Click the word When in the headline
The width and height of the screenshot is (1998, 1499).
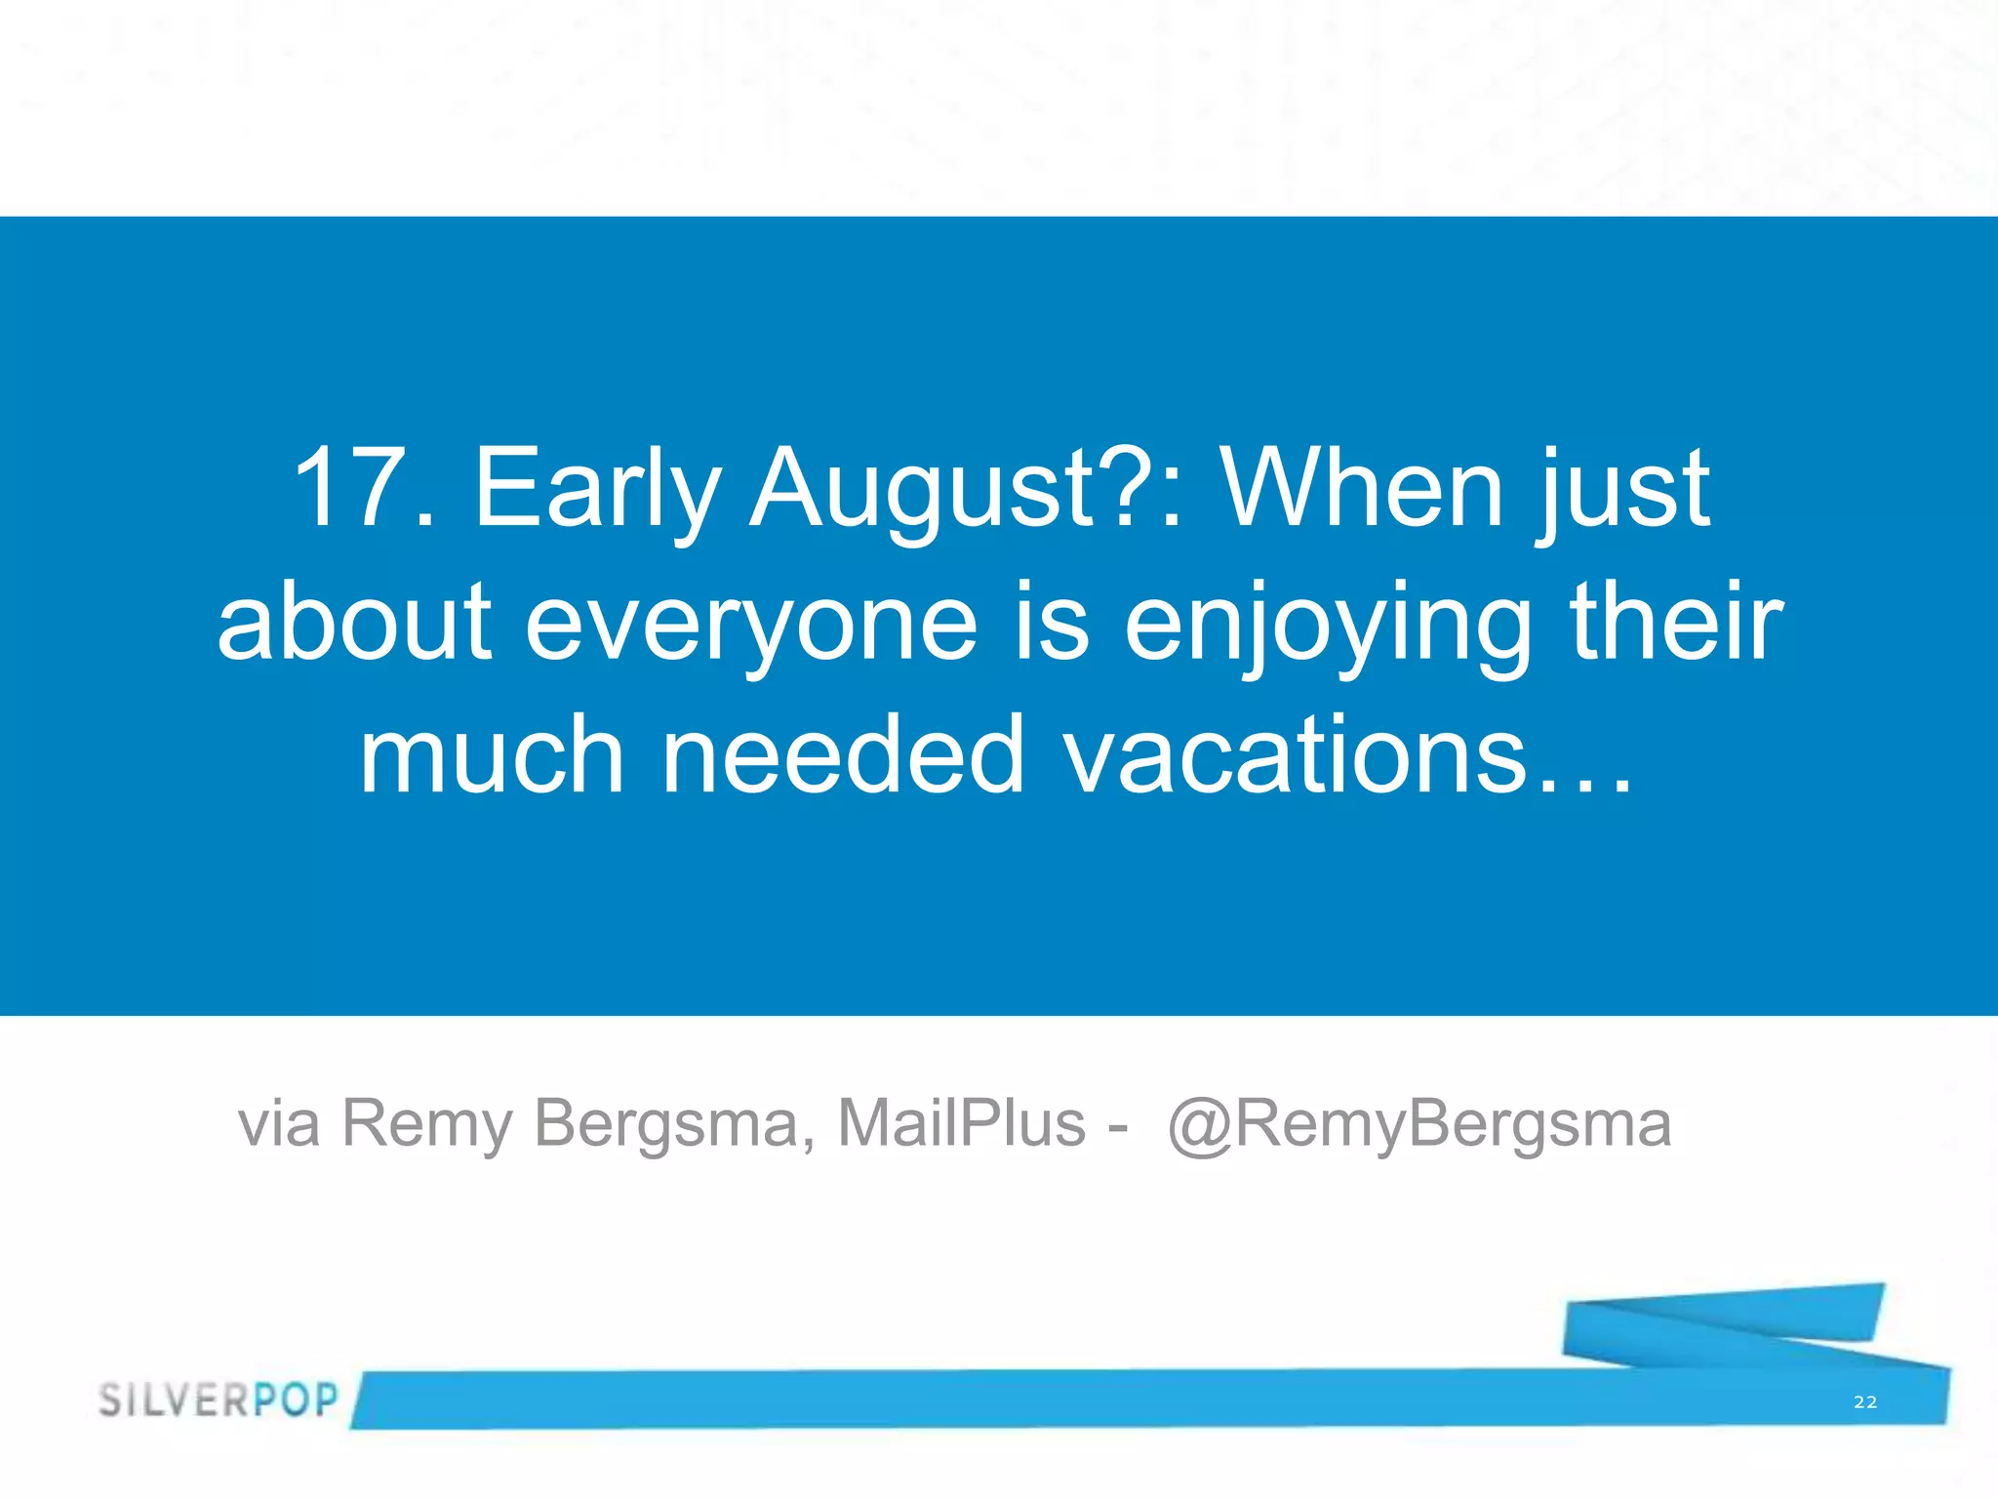click(x=1362, y=488)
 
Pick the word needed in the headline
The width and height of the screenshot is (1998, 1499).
click(x=843, y=754)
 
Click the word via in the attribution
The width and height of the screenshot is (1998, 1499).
click(x=279, y=1124)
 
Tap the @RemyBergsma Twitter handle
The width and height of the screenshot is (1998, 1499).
click(x=1419, y=1124)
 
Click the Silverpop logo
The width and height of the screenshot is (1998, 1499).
click(x=218, y=1399)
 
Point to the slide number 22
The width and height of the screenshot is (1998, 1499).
click(x=1865, y=1402)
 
